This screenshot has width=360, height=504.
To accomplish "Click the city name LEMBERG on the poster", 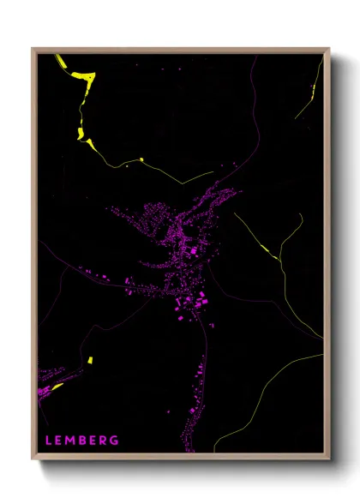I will click(x=82, y=441).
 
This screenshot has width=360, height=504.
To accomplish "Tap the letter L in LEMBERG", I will click(x=49, y=441).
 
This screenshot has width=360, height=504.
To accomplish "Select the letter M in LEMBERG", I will click(x=72, y=441).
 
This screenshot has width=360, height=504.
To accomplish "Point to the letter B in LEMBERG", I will click(x=84, y=441).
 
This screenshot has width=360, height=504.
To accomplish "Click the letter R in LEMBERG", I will click(x=105, y=441).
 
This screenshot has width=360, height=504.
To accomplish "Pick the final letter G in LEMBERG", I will click(x=116, y=441).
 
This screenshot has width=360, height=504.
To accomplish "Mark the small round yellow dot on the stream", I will click(x=141, y=159).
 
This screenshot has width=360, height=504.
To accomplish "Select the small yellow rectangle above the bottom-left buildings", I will click(x=89, y=360).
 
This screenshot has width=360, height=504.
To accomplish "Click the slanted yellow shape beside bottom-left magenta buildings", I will click(x=58, y=387).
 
